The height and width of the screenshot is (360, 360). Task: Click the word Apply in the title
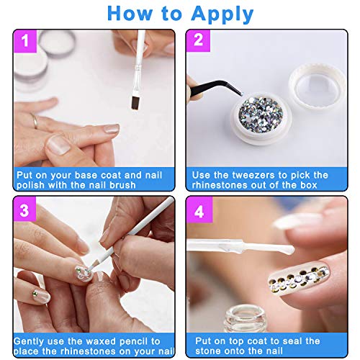tap(222, 14)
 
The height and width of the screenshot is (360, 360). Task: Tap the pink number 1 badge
tap(25, 41)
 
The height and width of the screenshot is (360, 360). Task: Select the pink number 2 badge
tap(198, 40)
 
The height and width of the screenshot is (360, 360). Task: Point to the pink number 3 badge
tap(24, 210)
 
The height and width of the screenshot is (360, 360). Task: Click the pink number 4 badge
tap(199, 210)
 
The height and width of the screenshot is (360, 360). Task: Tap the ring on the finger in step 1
tap(35, 121)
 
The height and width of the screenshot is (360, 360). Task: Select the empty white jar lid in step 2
tap(318, 87)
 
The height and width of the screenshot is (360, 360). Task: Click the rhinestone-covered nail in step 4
tap(299, 279)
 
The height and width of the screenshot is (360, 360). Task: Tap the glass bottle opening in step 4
tap(245, 314)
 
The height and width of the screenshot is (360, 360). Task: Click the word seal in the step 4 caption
tap(289, 341)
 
